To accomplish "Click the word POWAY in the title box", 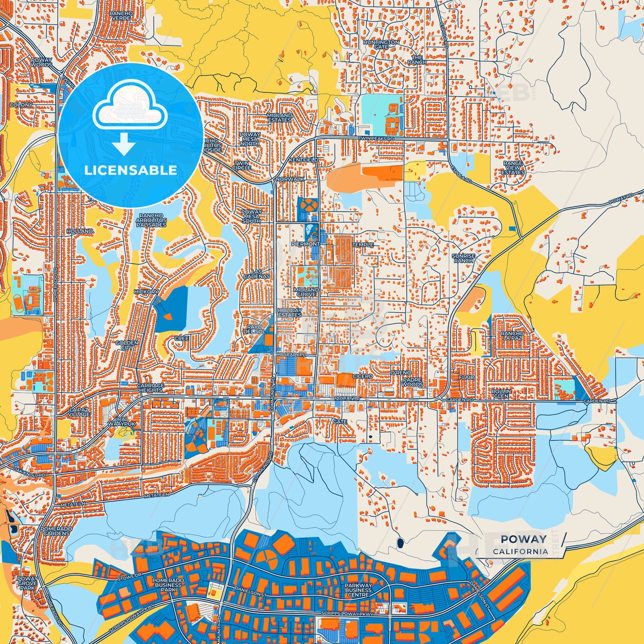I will (523, 539).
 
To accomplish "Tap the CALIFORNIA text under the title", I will (520, 551).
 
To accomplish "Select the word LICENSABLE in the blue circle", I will (131, 170).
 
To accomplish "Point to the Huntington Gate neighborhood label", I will (381, 44).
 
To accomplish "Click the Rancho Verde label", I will (121, 16).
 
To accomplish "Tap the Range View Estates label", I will (513, 168).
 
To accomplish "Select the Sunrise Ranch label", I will (464, 258).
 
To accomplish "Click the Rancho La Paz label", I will (512, 336).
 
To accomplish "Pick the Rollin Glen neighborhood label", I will (501, 394).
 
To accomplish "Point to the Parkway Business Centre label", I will (358, 590).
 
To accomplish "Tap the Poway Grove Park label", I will (27, 583).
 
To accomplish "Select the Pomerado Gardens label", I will (57, 531).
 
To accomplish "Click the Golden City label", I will (127, 345).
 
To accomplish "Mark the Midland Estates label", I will (279, 118).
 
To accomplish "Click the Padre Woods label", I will (412, 382).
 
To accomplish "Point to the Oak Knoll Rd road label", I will (29, 473).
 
